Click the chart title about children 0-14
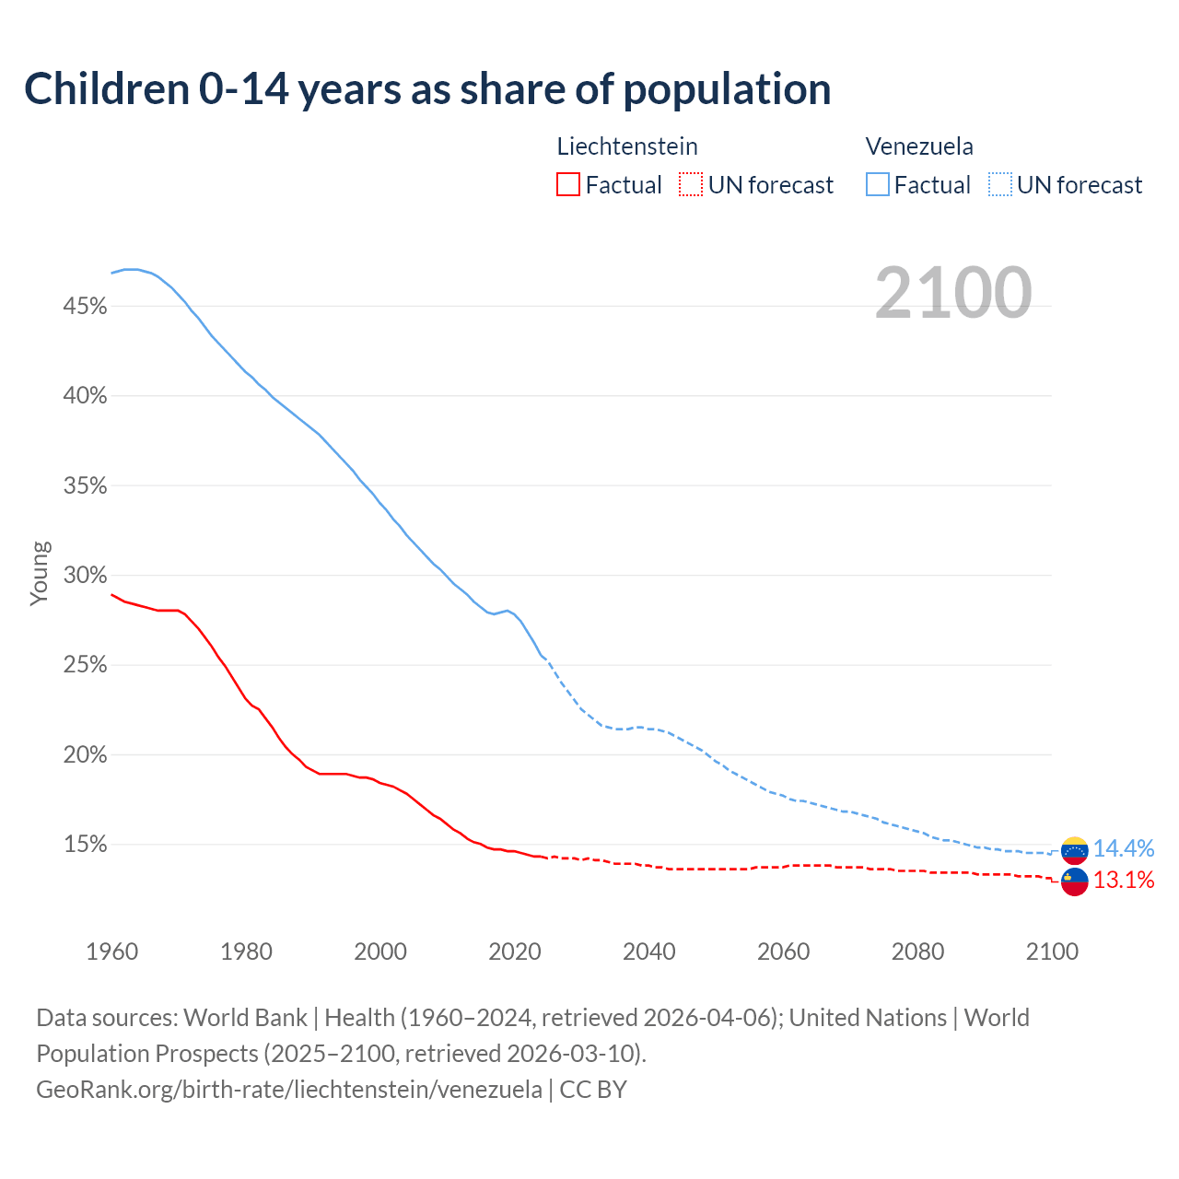(x=427, y=89)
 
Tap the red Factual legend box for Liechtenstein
(x=568, y=185)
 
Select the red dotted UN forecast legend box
(x=691, y=185)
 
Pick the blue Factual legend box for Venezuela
(x=878, y=185)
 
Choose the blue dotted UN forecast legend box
(x=1000, y=185)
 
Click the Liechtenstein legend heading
(x=627, y=146)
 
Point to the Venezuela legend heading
(x=919, y=146)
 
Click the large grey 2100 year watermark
(x=953, y=293)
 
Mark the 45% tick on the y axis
(x=86, y=307)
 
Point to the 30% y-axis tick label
(x=86, y=576)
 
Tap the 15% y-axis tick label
(x=86, y=845)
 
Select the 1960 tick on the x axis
(x=112, y=951)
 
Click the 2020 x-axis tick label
(x=515, y=951)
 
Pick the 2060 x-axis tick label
(x=783, y=951)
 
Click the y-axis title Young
(x=39, y=573)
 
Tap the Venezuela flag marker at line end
(x=1075, y=849)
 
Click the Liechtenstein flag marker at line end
(x=1075, y=881)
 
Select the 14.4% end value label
(x=1124, y=848)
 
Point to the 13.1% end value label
(x=1124, y=881)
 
